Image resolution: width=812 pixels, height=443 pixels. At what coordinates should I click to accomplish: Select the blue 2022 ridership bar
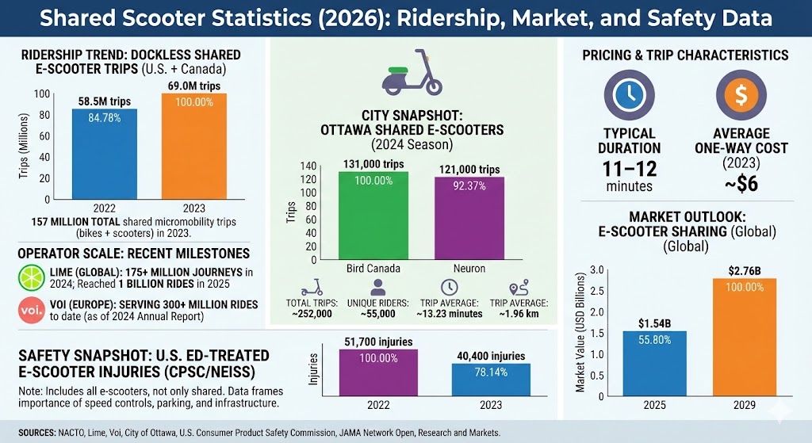tap(104, 154)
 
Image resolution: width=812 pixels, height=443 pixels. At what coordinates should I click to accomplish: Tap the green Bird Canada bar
tap(373, 217)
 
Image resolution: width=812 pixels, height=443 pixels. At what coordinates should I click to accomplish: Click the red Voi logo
tap(27, 308)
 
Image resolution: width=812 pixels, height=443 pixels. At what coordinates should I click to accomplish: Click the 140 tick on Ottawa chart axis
tap(308, 166)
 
